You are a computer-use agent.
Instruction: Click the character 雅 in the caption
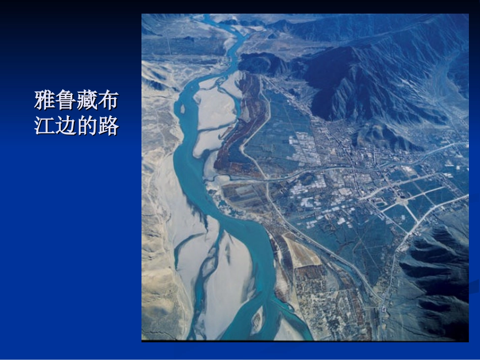(44, 100)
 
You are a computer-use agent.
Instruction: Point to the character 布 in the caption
(108, 100)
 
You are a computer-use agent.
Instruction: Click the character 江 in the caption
(44, 126)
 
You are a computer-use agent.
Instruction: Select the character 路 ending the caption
(108, 126)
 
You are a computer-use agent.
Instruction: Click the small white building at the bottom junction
(384, 308)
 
